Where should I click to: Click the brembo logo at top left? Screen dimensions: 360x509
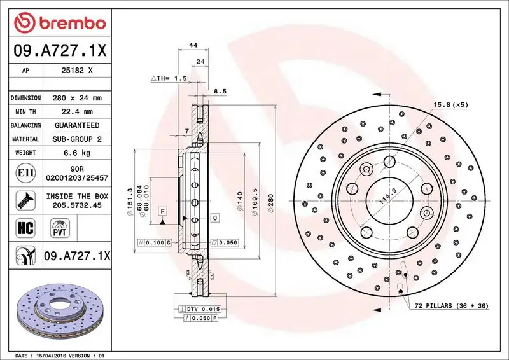point(59,23)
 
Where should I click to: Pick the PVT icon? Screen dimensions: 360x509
point(62,227)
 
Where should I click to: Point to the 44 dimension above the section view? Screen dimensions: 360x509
point(192,45)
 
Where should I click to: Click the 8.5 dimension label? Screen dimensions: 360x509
point(221,91)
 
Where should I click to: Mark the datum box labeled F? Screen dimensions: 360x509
point(163,211)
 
